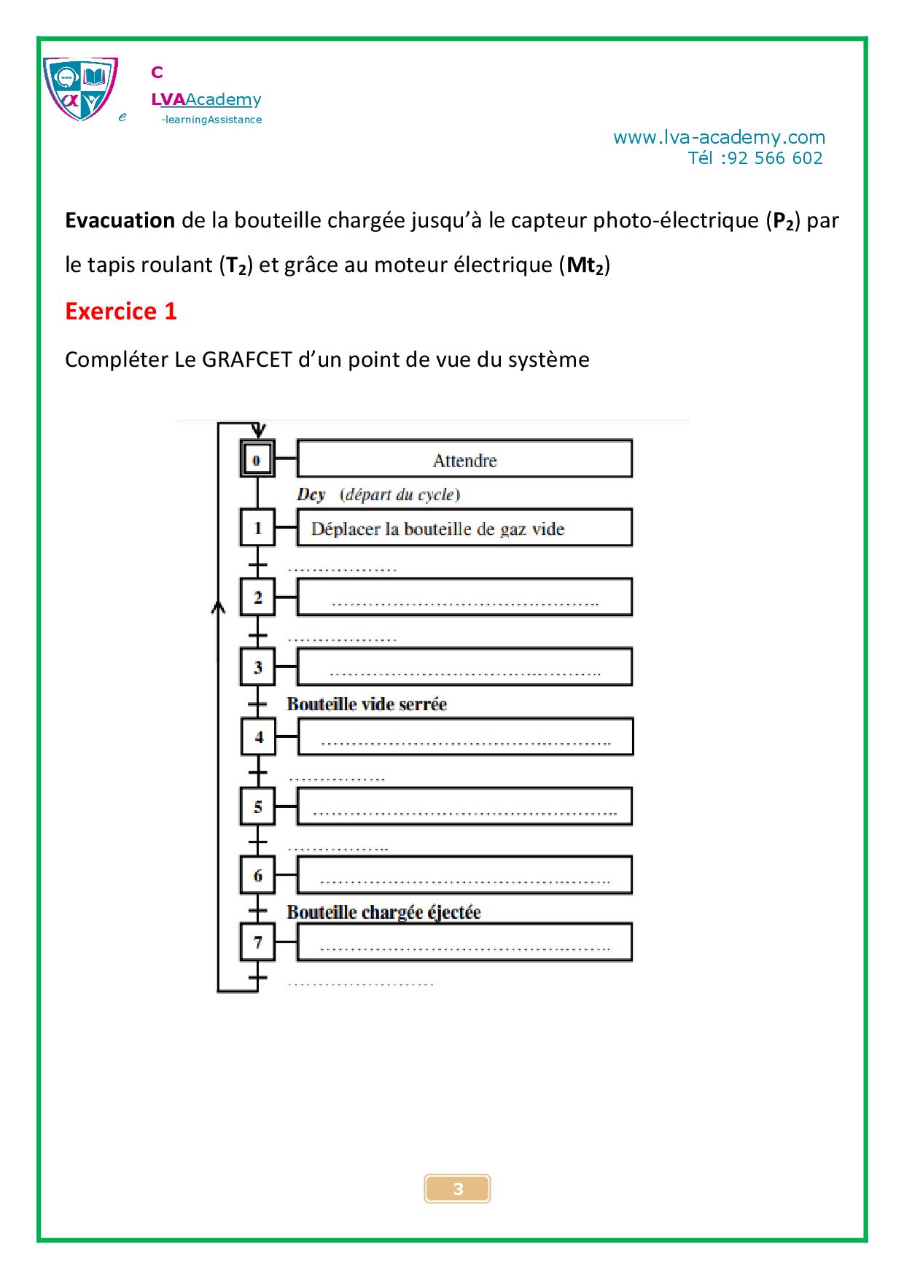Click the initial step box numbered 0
257,459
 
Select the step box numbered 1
257,528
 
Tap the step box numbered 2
257,597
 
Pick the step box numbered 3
257,666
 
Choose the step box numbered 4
258,736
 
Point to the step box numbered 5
257,806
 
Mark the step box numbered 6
257,875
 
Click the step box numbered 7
257,942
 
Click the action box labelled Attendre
464,459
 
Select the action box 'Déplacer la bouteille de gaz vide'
464,528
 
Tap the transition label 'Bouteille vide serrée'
367,704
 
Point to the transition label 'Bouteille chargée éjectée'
383,912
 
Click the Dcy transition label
311,494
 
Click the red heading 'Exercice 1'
121,311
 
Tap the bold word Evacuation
120,220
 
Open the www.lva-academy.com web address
719,137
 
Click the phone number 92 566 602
775,158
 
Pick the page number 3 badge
457,1189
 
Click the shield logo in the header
80,89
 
